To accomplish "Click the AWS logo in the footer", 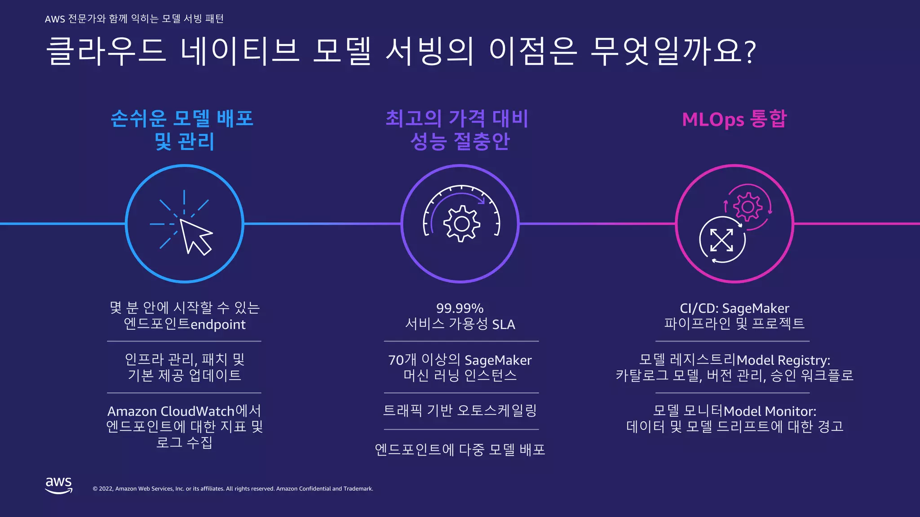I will (x=58, y=485).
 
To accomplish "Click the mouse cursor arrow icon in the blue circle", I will (x=195, y=236).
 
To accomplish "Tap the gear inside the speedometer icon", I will (x=461, y=223).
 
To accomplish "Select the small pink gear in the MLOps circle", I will (x=748, y=207).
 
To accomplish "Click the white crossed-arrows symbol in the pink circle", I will (x=721, y=240).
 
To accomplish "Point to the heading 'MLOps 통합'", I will (x=734, y=119).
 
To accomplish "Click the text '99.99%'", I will (x=460, y=308).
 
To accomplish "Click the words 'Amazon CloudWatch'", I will (x=171, y=411).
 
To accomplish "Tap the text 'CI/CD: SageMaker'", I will (x=734, y=308).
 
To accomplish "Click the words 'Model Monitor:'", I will (x=770, y=411).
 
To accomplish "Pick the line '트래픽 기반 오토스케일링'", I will (x=460, y=410).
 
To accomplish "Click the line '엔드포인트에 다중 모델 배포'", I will (x=460, y=449).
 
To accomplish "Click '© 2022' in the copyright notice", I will (x=103, y=489).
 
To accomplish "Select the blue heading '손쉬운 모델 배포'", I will (x=182, y=118).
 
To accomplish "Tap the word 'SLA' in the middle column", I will (x=504, y=324).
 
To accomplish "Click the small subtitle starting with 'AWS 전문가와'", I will (x=134, y=19).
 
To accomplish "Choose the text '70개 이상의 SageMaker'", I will (x=460, y=360).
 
